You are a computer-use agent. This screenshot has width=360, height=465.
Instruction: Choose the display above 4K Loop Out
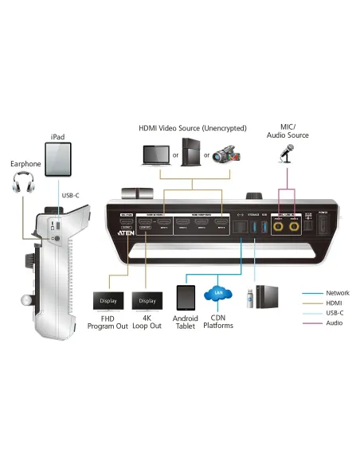coord(148,301)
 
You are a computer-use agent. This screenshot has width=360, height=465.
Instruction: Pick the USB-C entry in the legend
coord(335,313)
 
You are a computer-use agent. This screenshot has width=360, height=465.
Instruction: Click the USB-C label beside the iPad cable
coord(69,195)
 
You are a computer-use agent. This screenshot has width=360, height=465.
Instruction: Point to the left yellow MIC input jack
coord(278,227)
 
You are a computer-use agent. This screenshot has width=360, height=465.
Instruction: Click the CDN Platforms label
coord(217,322)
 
